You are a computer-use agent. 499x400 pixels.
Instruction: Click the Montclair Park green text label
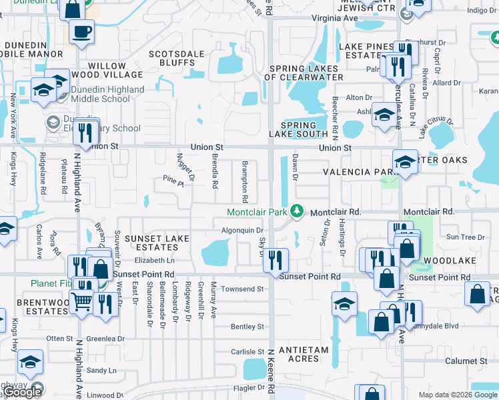click(x=257, y=213)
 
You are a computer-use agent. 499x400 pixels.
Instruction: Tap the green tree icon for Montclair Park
click(x=298, y=211)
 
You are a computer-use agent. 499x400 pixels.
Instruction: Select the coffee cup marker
click(x=81, y=31)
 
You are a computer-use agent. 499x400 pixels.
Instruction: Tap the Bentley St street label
click(x=247, y=327)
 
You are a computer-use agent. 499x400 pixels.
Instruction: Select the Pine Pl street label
click(x=173, y=179)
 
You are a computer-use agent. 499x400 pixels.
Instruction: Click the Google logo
click(x=23, y=392)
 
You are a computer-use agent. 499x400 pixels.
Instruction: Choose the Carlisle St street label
click(x=248, y=352)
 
